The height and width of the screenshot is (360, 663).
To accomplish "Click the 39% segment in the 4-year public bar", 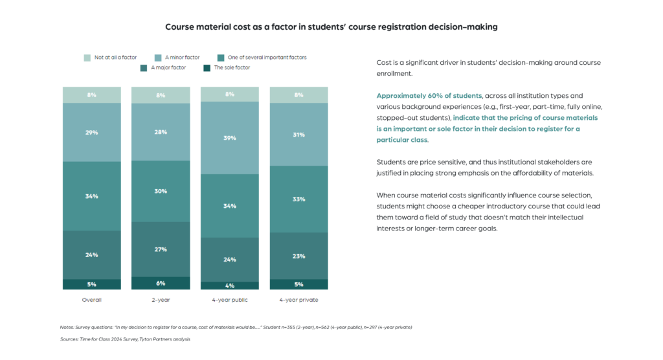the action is pos(230,138).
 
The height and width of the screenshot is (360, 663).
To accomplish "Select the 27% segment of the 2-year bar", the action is pos(161,249).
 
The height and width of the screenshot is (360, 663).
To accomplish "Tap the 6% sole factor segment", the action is pos(161,284).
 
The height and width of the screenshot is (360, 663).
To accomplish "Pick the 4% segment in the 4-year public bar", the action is pos(230,286).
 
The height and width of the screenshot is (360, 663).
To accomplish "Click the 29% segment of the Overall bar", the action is pos(92,132).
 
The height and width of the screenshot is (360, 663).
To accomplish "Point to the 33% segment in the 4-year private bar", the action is pos(299,199).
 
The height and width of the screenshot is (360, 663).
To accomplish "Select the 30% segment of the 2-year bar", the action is pos(161,191).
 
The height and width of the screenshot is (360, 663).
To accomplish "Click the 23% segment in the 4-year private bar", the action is pos(299,256).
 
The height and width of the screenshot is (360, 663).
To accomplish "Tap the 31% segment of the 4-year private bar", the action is pos(299,135).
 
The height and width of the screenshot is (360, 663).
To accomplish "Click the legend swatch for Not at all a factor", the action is pos(87,58).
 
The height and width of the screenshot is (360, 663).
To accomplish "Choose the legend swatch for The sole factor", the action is pos(207,68).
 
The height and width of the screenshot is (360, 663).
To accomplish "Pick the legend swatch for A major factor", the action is pos(144,68).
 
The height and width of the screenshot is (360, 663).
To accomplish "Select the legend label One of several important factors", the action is pos(267,58).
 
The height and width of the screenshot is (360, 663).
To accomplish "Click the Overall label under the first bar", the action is pos(92,300).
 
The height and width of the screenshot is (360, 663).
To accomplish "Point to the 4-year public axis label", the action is pos(230,300).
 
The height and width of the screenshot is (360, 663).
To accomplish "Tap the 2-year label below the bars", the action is pos(161,300).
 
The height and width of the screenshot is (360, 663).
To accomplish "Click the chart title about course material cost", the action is pos(331,27).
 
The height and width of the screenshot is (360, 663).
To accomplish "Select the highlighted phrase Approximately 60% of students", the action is pos(429,96).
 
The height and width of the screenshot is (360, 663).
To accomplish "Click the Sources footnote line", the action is pos(125,339).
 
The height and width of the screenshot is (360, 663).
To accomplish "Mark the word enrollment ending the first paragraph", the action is pos(394,74).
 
